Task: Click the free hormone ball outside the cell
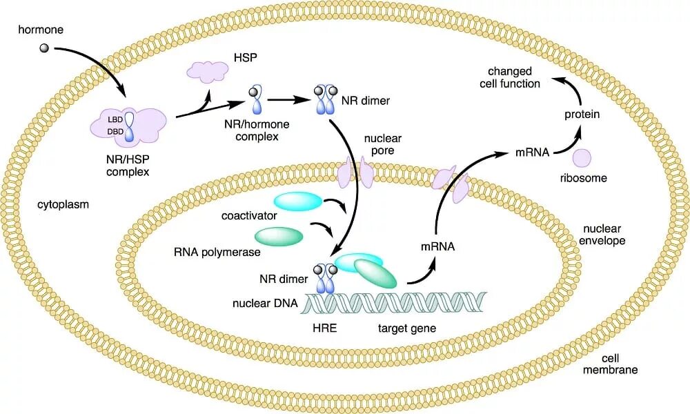[x=45, y=48]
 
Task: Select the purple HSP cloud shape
[x=208, y=72]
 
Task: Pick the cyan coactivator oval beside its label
[x=298, y=201]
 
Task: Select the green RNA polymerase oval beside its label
[x=279, y=236]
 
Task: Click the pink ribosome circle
[x=583, y=158]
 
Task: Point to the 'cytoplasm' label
[x=64, y=205]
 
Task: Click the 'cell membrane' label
[x=619, y=364]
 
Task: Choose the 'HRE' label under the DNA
[x=324, y=328]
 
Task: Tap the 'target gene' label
[x=407, y=328]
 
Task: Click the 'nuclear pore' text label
[x=383, y=144]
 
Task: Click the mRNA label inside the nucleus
[x=437, y=245]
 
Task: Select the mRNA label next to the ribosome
[x=532, y=152]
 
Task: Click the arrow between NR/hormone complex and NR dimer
[x=287, y=99]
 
